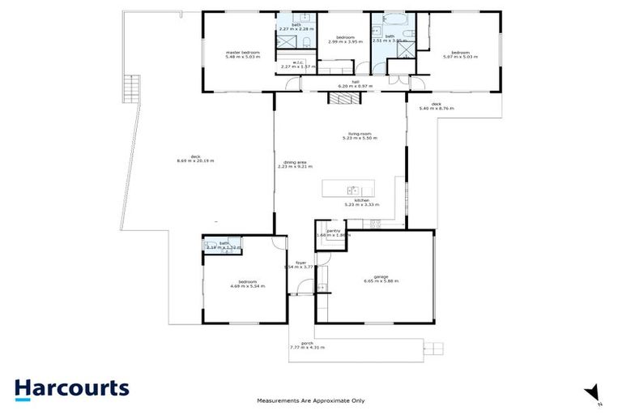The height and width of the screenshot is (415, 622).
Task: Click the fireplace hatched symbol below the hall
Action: [x=341, y=98]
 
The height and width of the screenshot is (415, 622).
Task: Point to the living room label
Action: [x=353, y=138]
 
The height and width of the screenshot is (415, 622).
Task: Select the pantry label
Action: [x=331, y=233]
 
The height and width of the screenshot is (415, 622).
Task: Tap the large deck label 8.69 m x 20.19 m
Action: [x=195, y=159]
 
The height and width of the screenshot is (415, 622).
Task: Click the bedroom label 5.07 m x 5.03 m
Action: [x=460, y=54]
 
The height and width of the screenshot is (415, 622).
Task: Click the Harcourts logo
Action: [x=71, y=388]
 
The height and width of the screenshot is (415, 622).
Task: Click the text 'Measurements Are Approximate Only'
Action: [x=311, y=400]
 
